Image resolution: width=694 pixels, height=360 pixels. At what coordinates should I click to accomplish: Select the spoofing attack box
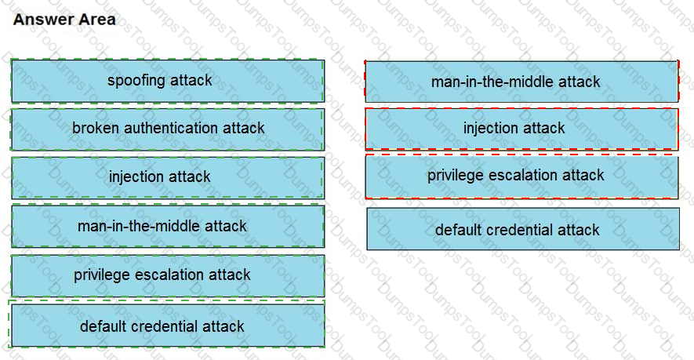(x=168, y=81)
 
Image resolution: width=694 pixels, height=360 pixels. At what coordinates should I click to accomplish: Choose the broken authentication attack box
(x=168, y=129)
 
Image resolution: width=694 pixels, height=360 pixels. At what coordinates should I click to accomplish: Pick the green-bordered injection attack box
(x=168, y=177)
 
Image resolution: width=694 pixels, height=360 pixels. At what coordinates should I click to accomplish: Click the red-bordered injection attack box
(x=521, y=129)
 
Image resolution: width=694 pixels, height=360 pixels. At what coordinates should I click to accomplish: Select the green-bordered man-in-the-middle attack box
(x=168, y=226)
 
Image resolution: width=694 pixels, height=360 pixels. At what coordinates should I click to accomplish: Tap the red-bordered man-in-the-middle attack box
(x=521, y=82)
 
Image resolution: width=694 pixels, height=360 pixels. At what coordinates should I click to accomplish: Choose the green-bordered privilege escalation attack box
(x=168, y=275)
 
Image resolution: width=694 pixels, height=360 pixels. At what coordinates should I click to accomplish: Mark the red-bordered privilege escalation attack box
(x=521, y=176)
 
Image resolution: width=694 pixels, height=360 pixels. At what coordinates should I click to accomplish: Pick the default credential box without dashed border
(x=523, y=229)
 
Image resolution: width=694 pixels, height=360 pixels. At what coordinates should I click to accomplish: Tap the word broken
(x=96, y=128)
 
